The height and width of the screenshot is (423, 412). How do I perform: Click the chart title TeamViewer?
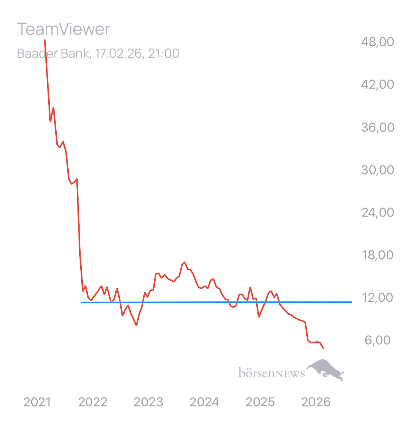(x=63, y=29)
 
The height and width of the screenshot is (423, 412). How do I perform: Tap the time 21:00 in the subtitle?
(x=163, y=54)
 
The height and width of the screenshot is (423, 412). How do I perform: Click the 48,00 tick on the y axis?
(x=377, y=42)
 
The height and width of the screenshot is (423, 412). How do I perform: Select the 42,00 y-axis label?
(x=377, y=84)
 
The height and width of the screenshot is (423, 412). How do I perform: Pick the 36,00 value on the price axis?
(x=377, y=127)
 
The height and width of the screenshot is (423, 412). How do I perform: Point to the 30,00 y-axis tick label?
(x=377, y=170)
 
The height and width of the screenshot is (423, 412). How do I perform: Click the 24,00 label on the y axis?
(x=377, y=213)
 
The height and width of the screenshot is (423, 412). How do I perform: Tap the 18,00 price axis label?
(x=377, y=255)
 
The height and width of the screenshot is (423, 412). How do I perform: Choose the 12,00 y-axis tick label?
(x=377, y=298)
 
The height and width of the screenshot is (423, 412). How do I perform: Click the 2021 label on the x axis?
(x=37, y=402)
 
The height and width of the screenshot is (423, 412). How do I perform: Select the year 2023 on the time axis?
(x=149, y=402)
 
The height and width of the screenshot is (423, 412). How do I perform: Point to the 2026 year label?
(x=317, y=402)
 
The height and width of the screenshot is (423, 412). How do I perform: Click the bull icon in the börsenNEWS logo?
(x=326, y=369)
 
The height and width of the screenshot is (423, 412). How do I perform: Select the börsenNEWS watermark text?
(x=271, y=373)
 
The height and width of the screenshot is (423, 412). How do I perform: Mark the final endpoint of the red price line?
(x=323, y=349)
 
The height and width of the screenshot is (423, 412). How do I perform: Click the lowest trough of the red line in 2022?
(x=136, y=326)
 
